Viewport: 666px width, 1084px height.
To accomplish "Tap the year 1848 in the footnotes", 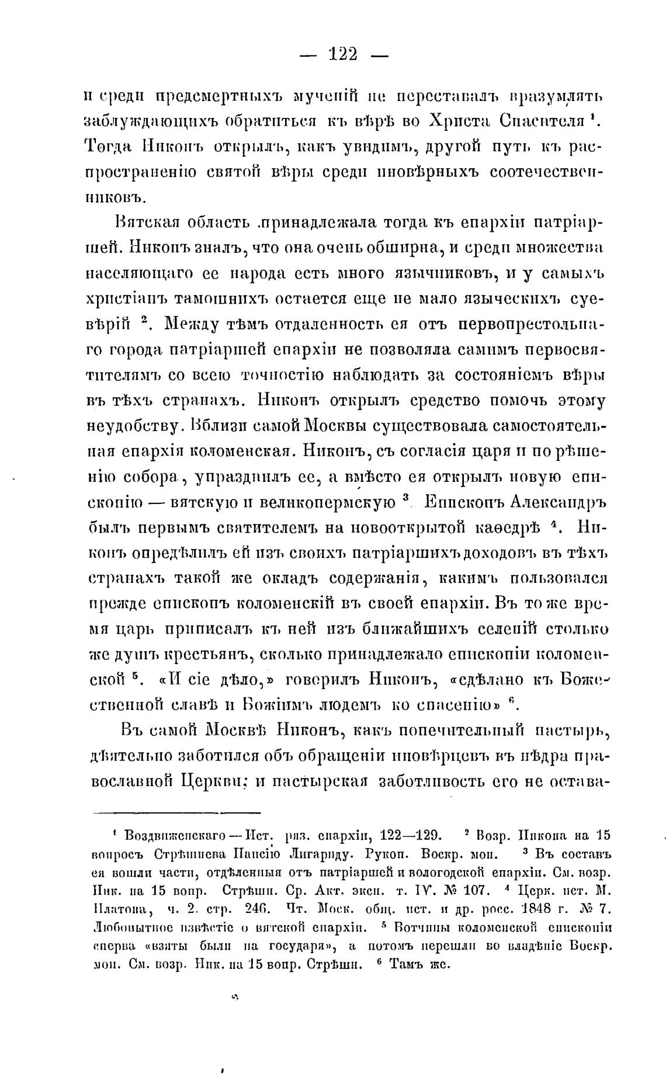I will point(530,909).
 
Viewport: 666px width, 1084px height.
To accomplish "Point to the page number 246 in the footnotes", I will point(251,910).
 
